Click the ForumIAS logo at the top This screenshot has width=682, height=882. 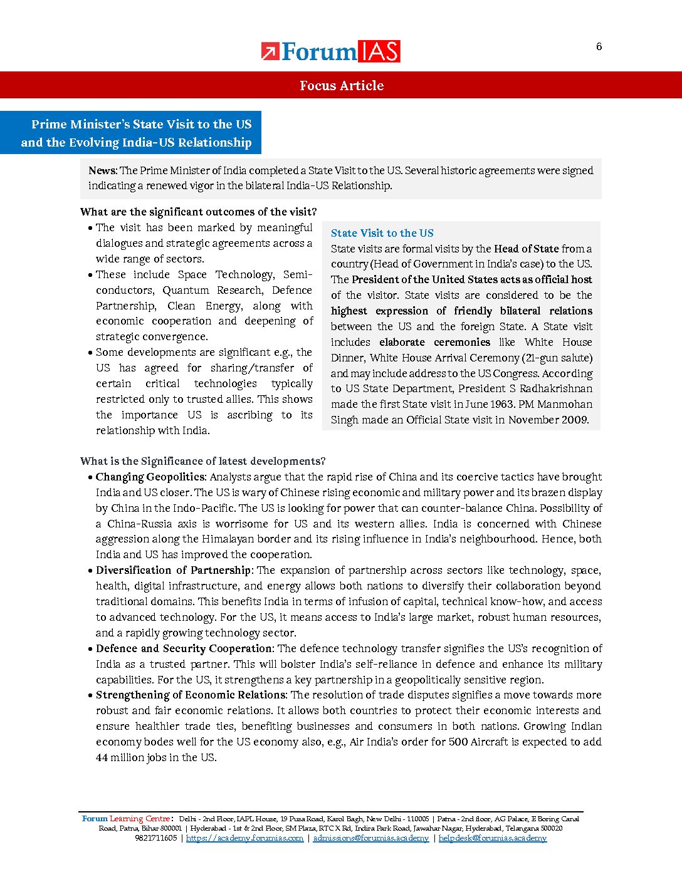330,51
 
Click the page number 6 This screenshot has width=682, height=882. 599,46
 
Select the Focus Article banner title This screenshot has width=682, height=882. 341,86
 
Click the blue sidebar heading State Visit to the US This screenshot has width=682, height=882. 382,233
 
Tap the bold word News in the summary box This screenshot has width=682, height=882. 102,170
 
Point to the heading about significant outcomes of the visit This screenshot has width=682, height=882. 198,212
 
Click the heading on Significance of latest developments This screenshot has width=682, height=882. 202,461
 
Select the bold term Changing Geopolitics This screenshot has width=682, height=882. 150,477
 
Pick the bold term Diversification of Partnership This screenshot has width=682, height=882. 173,570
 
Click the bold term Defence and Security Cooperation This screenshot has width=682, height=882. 184,648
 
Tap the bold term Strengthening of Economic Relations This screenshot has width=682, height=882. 191,695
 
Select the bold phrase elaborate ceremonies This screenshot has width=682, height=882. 434,342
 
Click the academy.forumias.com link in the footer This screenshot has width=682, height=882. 244,838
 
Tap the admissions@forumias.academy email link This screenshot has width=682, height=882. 370,838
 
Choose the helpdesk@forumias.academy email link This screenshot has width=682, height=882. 492,838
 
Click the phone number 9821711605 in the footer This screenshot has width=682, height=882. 155,838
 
